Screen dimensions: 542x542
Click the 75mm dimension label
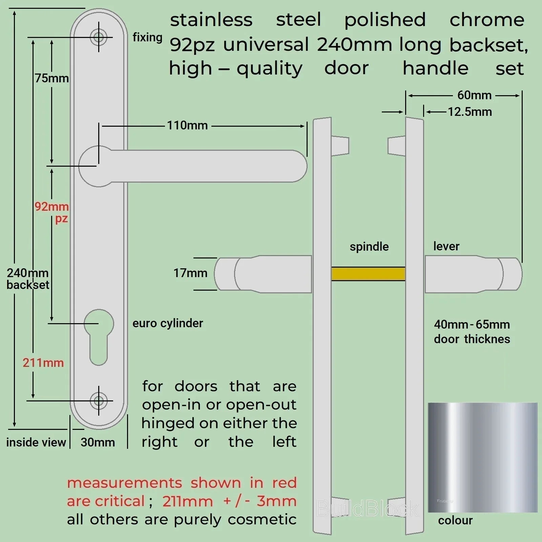click(x=52, y=78)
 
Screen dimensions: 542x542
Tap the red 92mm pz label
click(x=52, y=212)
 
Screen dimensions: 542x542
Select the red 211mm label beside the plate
click(x=43, y=363)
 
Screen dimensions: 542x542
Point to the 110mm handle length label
click(x=187, y=125)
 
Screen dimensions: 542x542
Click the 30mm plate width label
click(x=98, y=442)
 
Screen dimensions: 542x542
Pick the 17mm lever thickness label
click(x=190, y=273)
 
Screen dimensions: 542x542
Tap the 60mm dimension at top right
click(x=474, y=95)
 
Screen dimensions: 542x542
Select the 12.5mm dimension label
click(x=470, y=112)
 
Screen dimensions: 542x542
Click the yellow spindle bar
click(x=368, y=274)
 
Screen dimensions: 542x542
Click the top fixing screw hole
click(x=99, y=37)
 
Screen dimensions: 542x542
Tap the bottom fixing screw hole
click(x=99, y=401)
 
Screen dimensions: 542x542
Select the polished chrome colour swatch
click(x=482, y=457)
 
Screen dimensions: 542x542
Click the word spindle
click(x=369, y=247)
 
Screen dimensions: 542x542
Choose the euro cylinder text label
click(x=168, y=323)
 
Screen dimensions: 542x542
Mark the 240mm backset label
click(x=28, y=278)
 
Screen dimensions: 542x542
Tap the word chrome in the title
click(x=487, y=20)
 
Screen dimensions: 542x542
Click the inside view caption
click(x=36, y=442)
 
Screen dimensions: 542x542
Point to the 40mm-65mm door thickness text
click(x=472, y=332)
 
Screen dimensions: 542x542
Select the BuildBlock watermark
click(x=368, y=509)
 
